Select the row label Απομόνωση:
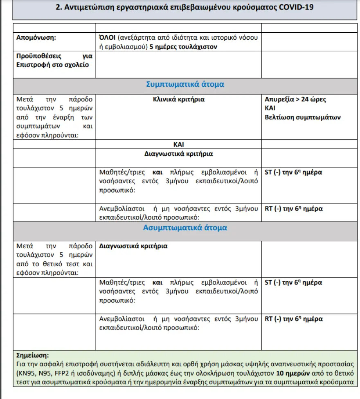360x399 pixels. [x=36, y=38]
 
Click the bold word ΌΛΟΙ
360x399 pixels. [x=107, y=38]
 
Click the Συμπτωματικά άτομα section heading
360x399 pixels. [x=185, y=85]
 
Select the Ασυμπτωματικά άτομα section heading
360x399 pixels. [x=185, y=228]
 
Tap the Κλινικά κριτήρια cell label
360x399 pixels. [x=179, y=99]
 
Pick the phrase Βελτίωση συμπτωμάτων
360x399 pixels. [x=303, y=117]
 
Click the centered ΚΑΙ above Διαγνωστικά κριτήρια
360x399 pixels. [x=179, y=145]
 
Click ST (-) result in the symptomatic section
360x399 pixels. [x=293, y=172]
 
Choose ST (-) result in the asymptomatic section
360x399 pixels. [x=293, y=282]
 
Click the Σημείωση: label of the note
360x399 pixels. [x=32, y=356]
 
